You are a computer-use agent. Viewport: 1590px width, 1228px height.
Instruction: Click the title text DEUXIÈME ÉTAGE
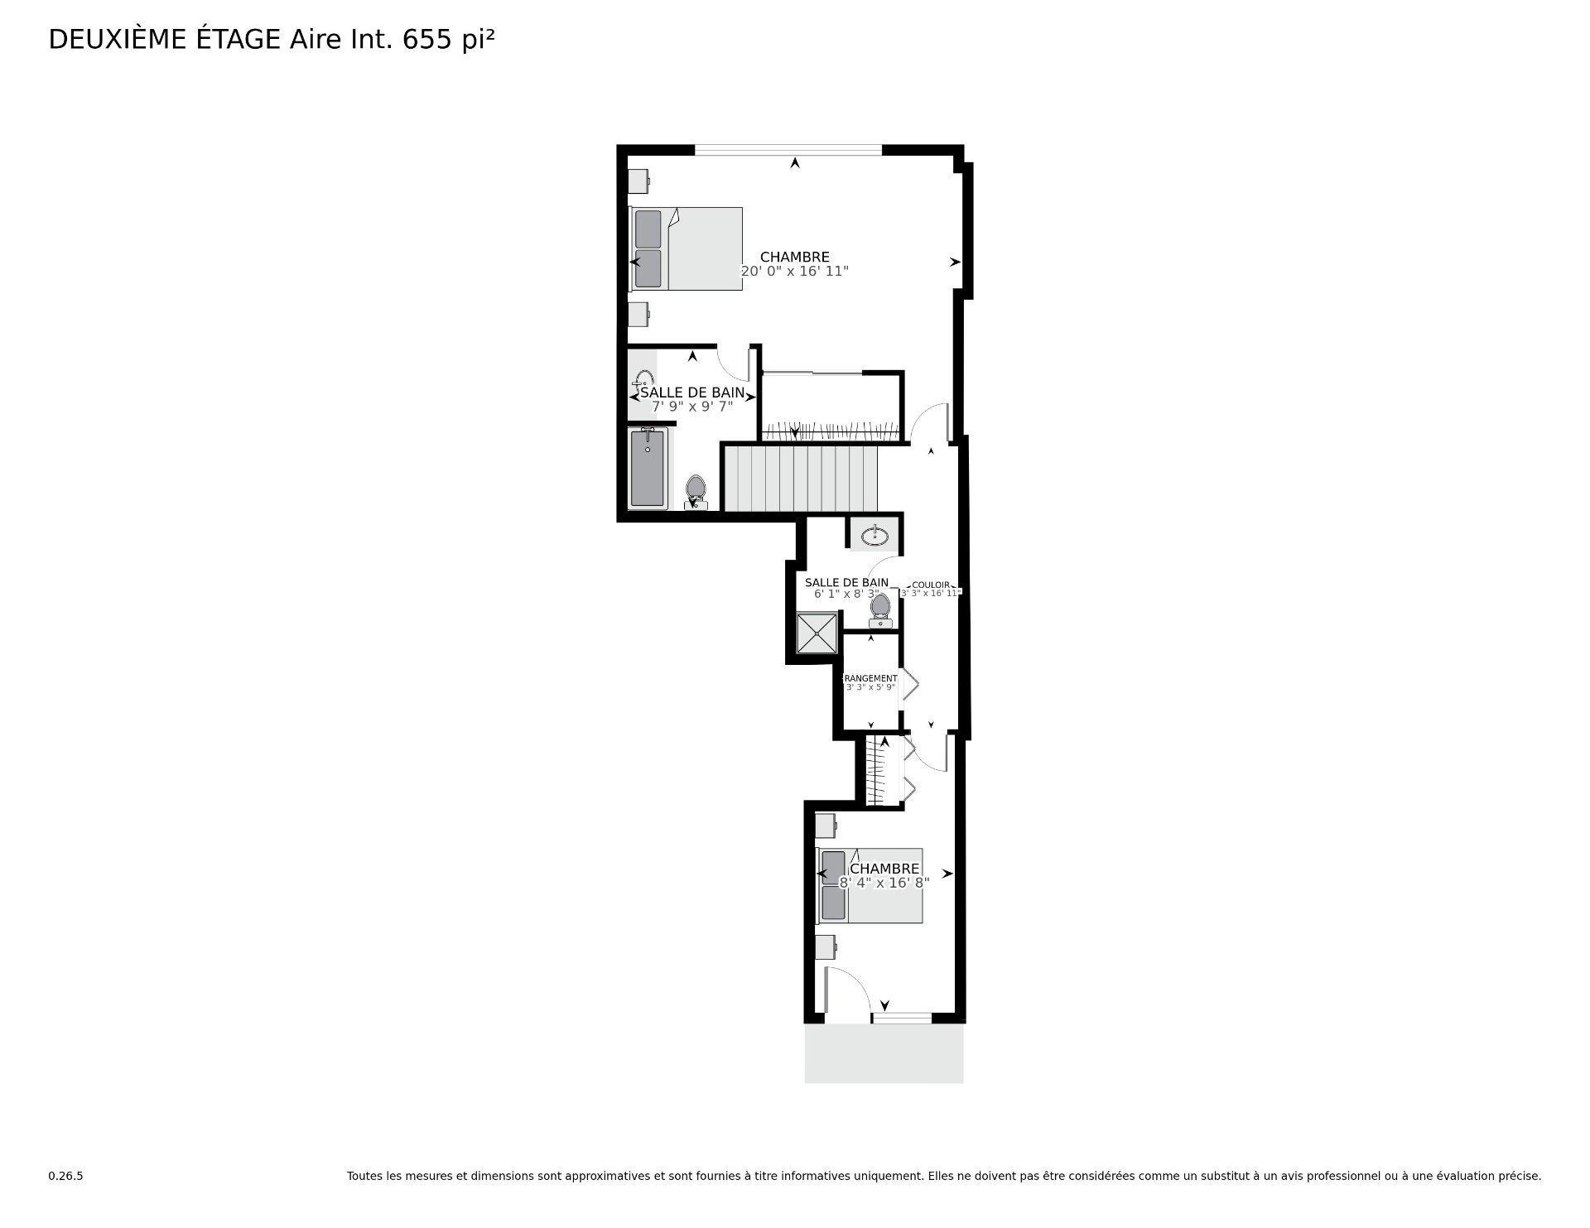pos(165,39)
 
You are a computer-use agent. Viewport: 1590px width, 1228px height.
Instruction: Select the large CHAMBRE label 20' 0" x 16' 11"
pos(794,264)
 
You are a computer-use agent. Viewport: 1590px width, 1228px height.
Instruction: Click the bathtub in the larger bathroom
pos(647,468)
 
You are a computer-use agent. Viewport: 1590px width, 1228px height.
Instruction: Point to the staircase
pos(800,479)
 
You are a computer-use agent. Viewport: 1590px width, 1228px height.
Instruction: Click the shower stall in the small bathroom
pos(817,633)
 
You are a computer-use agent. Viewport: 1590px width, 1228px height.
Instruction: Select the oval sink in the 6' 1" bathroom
pos(874,537)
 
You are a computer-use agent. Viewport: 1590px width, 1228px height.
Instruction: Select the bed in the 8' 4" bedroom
pos(870,885)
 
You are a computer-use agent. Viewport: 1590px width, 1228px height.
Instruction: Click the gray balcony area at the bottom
pos(884,1053)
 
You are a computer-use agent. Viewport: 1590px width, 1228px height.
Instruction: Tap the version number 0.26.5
pos(65,1176)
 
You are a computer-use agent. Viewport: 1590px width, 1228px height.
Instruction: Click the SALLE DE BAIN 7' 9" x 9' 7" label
pos(692,399)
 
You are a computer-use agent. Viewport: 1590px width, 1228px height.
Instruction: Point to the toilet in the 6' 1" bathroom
pos(880,608)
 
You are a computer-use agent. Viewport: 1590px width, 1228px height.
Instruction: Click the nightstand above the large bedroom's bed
pos(637,181)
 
